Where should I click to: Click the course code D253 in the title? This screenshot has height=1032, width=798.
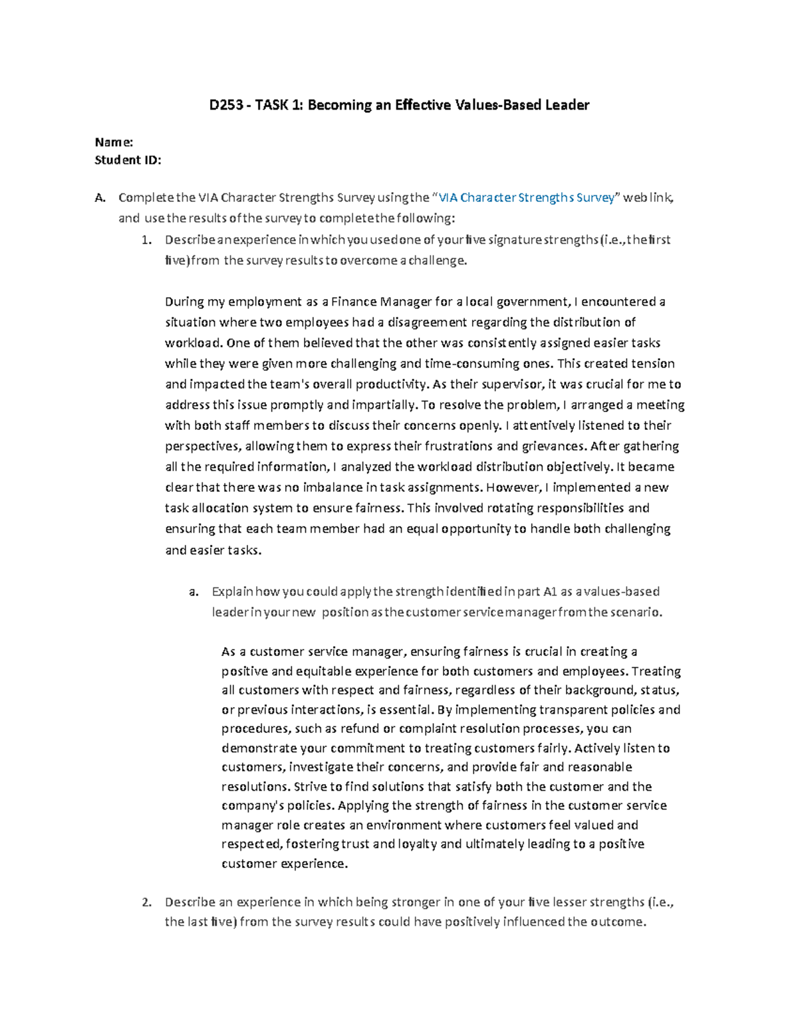click(x=226, y=105)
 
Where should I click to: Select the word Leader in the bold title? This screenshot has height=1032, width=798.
click(x=567, y=105)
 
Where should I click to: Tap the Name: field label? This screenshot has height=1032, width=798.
click(x=114, y=142)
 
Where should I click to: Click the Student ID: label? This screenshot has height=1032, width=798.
click(x=128, y=159)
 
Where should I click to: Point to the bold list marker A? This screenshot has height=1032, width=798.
click(x=100, y=197)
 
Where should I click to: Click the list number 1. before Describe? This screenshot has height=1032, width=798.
click(x=148, y=239)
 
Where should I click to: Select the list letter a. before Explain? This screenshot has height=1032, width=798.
click(x=194, y=591)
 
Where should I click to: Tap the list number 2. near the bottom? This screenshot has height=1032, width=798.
click(x=148, y=902)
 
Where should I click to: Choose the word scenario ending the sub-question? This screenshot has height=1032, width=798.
click(x=636, y=612)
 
